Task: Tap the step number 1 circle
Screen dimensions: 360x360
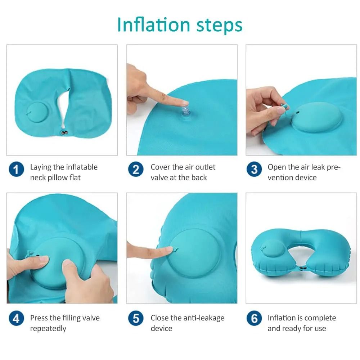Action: [x=16, y=169]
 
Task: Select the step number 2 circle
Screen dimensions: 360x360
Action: [x=136, y=169]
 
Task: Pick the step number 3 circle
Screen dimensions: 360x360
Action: [x=254, y=169]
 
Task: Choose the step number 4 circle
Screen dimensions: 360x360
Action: [x=16, y=319]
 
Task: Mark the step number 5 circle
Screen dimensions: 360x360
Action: [x=136, y=319]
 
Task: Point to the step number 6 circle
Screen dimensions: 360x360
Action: [x=254, y=319]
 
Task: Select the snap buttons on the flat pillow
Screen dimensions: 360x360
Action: [x=65, y=134]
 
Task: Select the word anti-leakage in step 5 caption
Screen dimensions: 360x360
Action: [x=204, y=318]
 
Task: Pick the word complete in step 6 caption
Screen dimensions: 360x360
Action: [x=318, y=318]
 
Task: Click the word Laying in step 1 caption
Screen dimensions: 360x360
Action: [x=41, y=167]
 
